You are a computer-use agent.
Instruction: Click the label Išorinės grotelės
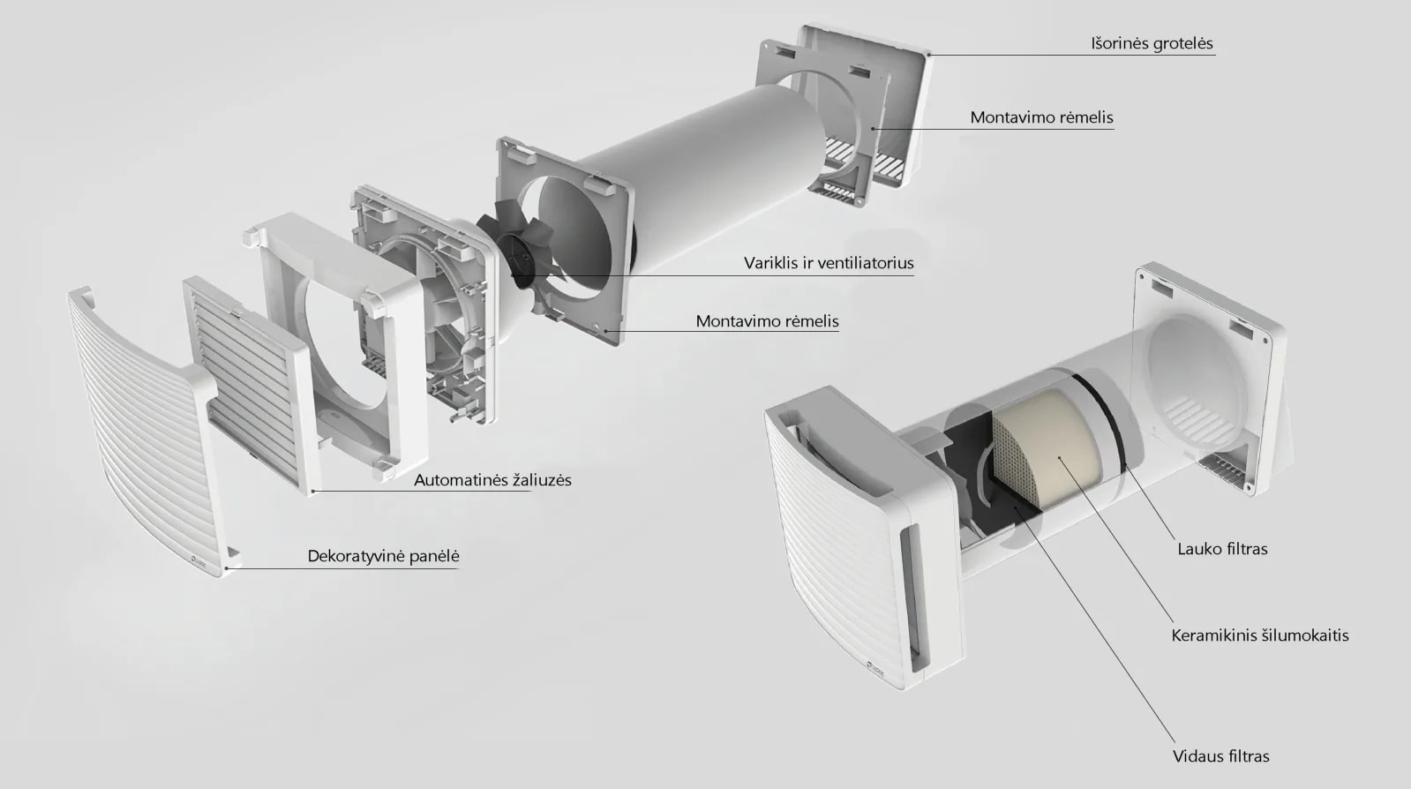coord(1152,43)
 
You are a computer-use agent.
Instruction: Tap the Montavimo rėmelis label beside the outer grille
coord(1041,117)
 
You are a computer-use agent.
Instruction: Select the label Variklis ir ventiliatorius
coord(829,263)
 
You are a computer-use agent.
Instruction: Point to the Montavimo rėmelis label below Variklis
coord(767,321)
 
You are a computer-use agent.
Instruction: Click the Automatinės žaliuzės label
coord(492,480)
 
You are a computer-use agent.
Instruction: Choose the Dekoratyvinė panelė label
coord(383,556)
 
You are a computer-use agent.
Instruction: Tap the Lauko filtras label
coord(1222,549)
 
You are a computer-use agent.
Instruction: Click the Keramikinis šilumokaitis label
coord(1260,635)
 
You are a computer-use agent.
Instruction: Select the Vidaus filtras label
coord(1220,756)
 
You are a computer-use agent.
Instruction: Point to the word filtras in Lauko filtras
coord(1242,549)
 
